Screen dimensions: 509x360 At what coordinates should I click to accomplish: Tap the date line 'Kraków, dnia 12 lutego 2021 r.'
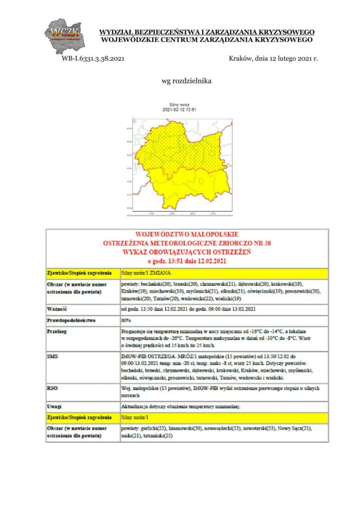(273, 59)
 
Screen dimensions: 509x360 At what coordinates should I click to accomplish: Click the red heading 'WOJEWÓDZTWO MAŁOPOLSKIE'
(187, 234)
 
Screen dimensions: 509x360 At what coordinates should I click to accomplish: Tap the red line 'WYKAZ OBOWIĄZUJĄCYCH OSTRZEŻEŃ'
(187, 252)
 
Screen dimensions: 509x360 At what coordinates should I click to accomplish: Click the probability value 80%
(126, 320)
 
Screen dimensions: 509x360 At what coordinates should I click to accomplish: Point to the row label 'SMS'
(52, 356)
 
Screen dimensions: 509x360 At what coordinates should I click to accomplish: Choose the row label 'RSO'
(52, 389)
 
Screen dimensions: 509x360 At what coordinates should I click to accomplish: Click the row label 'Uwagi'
(54, 407)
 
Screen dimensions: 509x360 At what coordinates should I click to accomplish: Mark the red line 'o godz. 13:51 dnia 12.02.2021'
(187, 262)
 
